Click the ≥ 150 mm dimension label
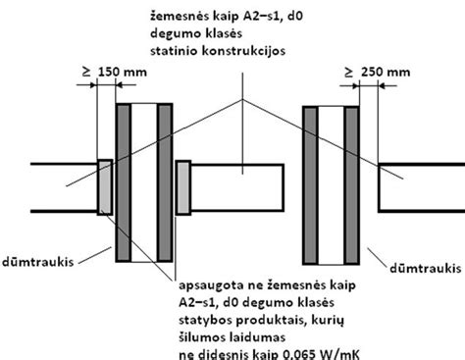[x=115, y=72]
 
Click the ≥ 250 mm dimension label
[x=378, y=72]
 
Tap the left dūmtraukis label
[x=37, y=262]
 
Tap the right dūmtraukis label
[x=426, y=269]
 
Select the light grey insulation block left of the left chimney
[x=105, y=187]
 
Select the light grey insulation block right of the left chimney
[x=183, y=187]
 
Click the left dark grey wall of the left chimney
[x=124, y=182]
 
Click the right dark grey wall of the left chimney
[x=165, y=182]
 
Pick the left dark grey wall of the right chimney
[x=310, y=185]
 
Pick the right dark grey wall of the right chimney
[x=352, y=185]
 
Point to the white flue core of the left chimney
[x=144, y=182]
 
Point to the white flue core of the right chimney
[x=331, y=185]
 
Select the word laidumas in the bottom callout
[x=257, y=336]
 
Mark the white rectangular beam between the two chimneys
[x=237, y=187]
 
